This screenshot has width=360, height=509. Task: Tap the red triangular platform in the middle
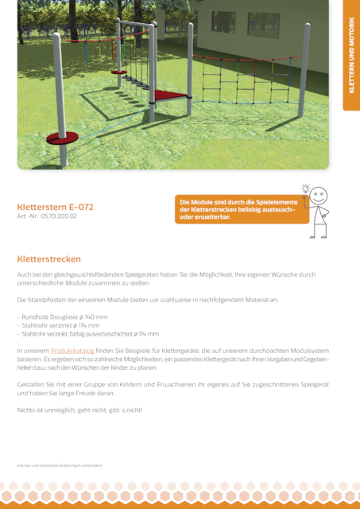pos(168,95)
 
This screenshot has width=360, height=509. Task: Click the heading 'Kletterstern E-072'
pos(56,207)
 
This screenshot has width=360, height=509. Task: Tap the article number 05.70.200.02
pos(47,216)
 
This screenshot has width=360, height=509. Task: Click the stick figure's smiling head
pos(318,196)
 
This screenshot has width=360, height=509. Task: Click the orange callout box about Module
pos(241,211)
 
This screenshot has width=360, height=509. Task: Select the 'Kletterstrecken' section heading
pos(49,259)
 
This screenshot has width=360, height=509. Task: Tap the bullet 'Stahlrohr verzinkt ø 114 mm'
pos(60,325)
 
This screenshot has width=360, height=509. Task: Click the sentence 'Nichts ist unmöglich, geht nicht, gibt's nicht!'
pos(79,410)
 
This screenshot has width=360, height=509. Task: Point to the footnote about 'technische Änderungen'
pos(60,465)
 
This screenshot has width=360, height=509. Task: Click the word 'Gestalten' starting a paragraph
pos(30,384)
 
